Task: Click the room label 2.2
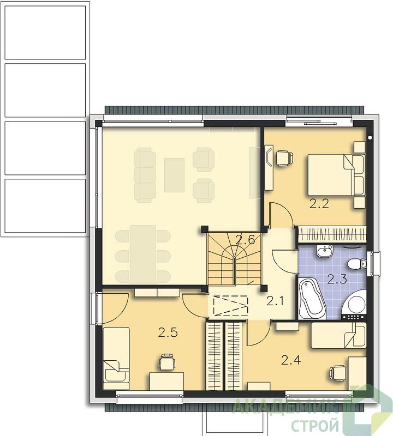click(319, 204)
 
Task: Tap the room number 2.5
click(168, 332)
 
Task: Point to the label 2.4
click(291, 360)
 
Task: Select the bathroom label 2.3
click(337, 279)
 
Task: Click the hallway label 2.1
click(275, 301)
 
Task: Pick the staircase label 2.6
click(246, 240)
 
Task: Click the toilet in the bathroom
click(358, 264)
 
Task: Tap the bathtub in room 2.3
click(312, 299)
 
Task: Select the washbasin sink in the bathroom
click(325, 251)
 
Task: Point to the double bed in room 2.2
click(336, 175)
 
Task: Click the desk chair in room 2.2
click(284, 158)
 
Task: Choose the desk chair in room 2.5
click(167, 362)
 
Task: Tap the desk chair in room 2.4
click(338, 373)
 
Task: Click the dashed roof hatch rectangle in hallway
click(230, 306)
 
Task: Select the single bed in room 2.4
click(338, 335)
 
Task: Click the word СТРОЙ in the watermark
click(315, 425)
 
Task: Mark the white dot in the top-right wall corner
click(370, 137)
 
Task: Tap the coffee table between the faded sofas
click(174, 175)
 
